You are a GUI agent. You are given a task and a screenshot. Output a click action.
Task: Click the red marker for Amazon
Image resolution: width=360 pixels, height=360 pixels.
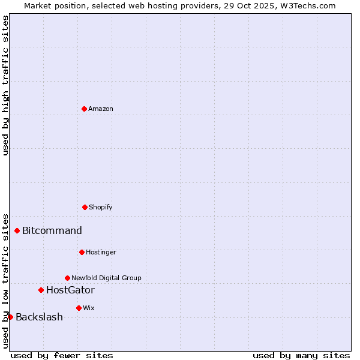coord(84,109)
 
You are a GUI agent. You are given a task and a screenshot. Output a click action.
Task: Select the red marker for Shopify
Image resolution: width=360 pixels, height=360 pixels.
coord(85,207)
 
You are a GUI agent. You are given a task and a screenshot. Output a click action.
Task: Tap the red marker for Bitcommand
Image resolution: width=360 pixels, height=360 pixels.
coord(17,230)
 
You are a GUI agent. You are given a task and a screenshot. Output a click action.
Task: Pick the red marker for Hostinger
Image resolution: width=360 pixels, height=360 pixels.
coord(82,252)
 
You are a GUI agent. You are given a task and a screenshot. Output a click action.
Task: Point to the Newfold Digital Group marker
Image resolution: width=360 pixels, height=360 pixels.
coord(67,278)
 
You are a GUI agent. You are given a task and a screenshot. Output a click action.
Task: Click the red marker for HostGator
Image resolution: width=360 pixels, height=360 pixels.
coord(41,290)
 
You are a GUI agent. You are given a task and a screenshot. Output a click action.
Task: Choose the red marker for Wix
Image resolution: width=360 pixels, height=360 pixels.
coord(79,308)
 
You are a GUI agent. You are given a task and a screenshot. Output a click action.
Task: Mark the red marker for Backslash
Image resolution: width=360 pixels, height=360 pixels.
coord(10,317)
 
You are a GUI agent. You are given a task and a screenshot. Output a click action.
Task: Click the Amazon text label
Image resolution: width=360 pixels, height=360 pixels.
coord(101,109)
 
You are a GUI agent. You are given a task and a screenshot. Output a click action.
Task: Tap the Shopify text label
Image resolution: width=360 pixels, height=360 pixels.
coord(101,207)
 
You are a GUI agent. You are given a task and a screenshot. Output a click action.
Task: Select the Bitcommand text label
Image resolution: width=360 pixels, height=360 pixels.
coord(52,230)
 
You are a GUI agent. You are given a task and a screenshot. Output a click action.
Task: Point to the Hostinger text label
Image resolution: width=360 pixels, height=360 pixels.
coord(101,252)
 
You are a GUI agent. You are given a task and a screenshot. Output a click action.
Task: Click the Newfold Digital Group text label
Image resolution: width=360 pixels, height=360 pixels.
coord(106,278)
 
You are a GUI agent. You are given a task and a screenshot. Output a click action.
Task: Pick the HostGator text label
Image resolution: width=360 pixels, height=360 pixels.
coord(70,290)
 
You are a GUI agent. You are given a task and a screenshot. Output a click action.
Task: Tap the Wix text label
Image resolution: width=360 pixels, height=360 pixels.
coord(89,308)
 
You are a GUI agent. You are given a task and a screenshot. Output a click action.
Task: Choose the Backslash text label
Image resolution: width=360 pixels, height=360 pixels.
coord(39,317)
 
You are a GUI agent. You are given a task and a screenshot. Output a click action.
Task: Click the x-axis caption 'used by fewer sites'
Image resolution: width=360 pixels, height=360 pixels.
coord(62,355)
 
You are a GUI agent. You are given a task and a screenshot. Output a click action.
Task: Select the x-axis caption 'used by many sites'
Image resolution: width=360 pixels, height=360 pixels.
coord(301,355)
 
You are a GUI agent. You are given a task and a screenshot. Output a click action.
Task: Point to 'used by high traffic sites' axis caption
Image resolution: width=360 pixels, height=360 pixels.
coord(5,85)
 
